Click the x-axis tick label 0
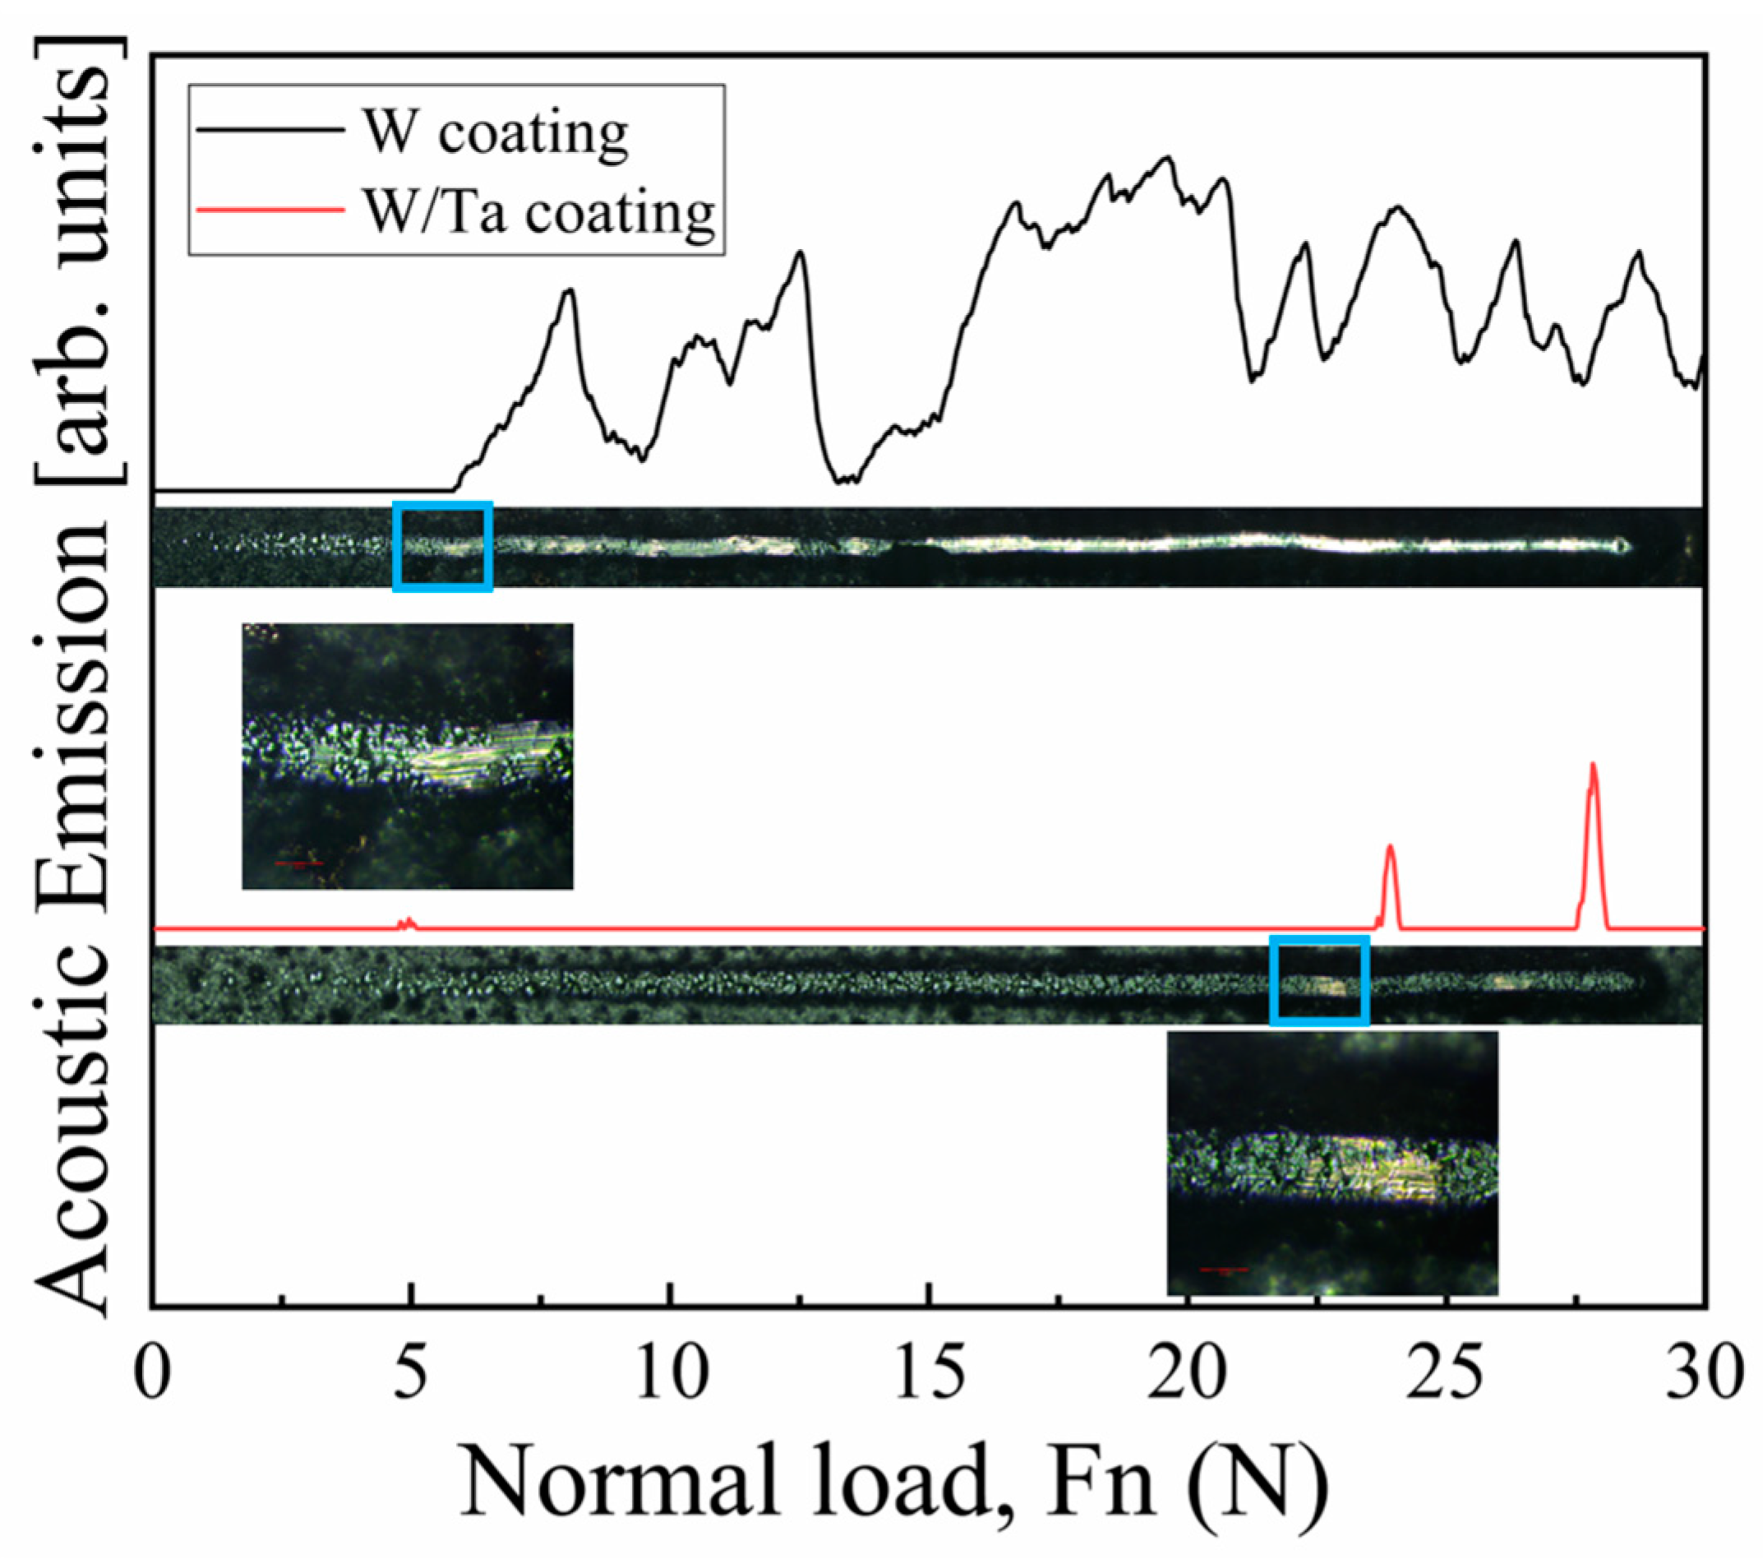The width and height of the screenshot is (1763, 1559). click(153, 1373)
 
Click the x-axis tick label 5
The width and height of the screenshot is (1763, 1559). click(411, 1373)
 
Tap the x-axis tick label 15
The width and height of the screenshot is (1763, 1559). click(929, 1373)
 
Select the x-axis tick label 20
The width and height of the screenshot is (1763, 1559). click(1188, 1373)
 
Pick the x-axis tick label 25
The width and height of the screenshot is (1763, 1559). click(1447, 1373)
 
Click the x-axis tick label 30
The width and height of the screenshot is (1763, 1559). click(1704, 1373)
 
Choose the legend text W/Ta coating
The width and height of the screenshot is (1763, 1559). click(538, 210)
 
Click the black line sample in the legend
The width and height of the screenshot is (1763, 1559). click(269, 130)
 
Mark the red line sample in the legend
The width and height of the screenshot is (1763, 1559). click(269, 210)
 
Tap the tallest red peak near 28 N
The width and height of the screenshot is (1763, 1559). click(1592, 766)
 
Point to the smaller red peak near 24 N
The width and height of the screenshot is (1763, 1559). click(1390, 848)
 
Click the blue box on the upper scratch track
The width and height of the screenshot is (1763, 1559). click(442, 546)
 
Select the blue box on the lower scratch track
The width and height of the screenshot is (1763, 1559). click(1320, 981)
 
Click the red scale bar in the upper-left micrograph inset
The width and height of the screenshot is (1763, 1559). click(299, 862)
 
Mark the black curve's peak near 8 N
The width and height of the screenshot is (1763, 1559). click(569, 292)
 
